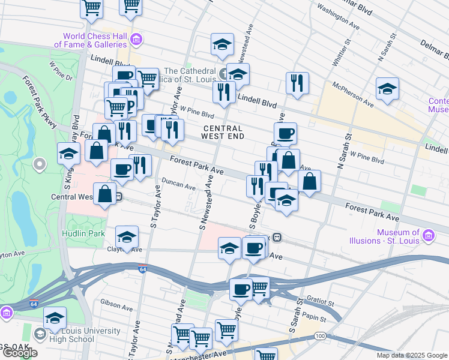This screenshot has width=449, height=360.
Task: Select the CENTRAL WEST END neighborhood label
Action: click(x=223, y=133)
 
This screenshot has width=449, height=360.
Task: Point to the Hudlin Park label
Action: click(x=83, y=233)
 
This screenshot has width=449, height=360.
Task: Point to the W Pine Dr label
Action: click(x=61, y=71)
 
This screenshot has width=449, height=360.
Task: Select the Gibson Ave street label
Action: click(x=116, y=305)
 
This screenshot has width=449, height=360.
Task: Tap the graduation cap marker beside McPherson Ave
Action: click(x=388, y=89)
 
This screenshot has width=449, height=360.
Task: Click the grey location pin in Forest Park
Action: click(x=40, y=163)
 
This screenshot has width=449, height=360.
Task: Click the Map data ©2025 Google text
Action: click(x=412, y=355)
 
